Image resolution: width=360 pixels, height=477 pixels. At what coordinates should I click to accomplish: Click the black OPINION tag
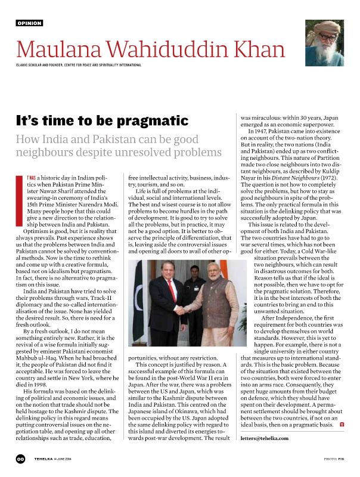click(29, 23)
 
